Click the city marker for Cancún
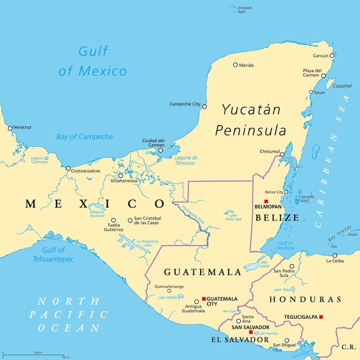click(x=332, y=56)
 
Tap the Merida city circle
click(x=235, y=65)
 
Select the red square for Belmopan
click(x=266, y=201)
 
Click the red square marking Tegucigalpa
click(x=321, y=317)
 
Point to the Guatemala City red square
click(x=203, y=299)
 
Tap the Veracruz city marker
click(x=10, y=128)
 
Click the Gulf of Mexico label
click(x=93, y=61)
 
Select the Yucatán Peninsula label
click(x=250, y=120)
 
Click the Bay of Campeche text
click(x=85, y=136)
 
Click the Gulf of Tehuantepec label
click(x=53, y=255)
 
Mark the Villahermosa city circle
click(x=121, y=175)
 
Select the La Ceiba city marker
click(x=334, y=255)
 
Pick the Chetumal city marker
click(x=282, y=155)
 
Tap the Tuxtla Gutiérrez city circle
click(x=113, y=220)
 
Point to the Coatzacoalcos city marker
click(x=68, y=169)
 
